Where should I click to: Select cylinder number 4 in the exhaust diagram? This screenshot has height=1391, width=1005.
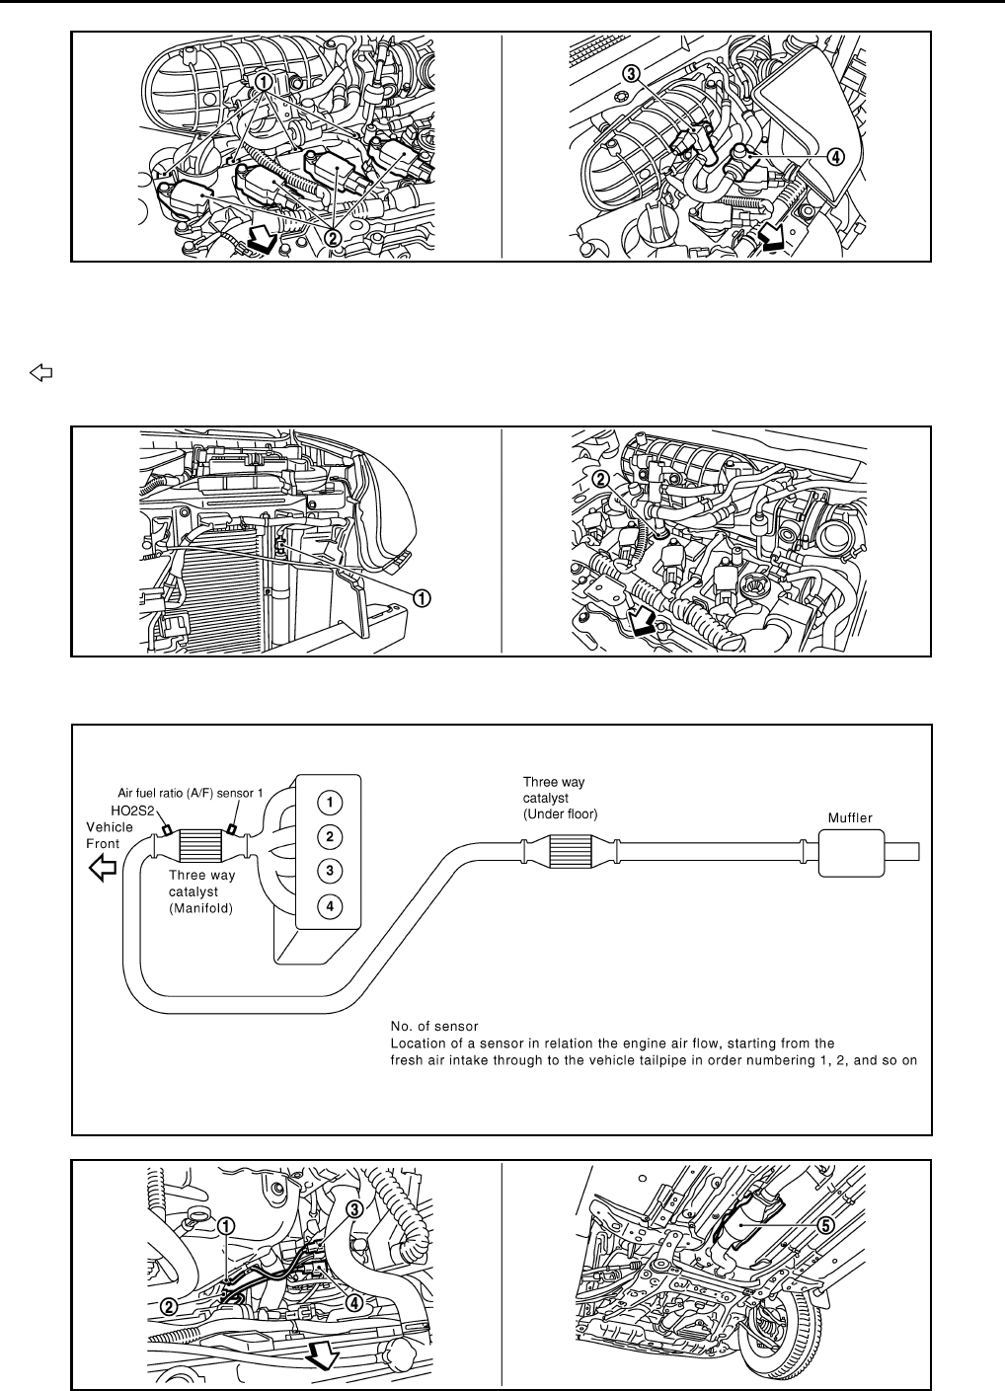point(329,904)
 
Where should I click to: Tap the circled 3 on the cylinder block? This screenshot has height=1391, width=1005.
point(329,871)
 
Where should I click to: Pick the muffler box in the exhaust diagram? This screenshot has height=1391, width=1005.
point(855,852)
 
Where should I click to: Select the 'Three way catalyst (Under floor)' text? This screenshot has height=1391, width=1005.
point(561,798)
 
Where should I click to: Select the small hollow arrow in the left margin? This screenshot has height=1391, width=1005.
point(40,373)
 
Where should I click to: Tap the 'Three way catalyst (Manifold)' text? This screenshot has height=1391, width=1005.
point(200,891)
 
